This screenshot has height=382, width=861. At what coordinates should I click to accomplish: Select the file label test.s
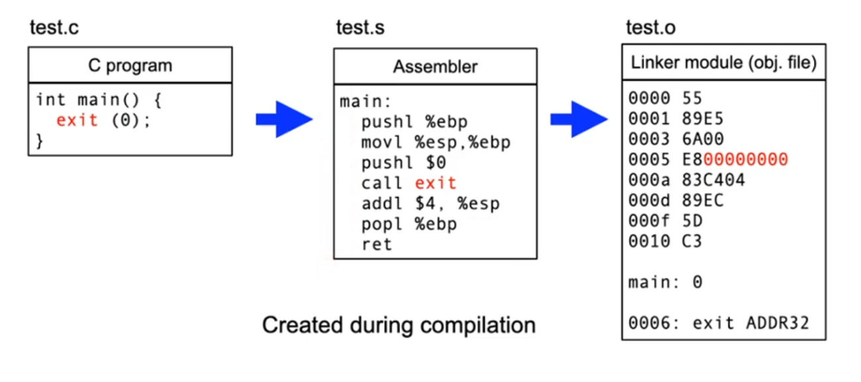pos(360,29)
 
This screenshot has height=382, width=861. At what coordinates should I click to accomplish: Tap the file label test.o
pos(651,29)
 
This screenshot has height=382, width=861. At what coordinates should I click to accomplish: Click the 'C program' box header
pos(130,66)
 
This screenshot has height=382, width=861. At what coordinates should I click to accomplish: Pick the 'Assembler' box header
pos(435,67)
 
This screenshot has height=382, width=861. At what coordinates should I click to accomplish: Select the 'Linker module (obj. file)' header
pos(723,63)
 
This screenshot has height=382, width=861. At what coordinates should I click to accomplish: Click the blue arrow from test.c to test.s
pos(284,119)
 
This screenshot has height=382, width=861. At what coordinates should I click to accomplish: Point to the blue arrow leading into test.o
pos(579,119)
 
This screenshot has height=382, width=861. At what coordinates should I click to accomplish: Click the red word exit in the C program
pos(77,120)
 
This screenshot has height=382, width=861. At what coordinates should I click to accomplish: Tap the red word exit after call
pos(435,183)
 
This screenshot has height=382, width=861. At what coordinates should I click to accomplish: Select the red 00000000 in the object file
pos(746,159)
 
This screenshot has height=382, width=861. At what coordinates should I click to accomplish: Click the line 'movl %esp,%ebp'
pos(436,143)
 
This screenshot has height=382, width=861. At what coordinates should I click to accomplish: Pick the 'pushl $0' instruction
pos(404,162)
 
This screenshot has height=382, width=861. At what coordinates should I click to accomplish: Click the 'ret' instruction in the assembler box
pos(376,244)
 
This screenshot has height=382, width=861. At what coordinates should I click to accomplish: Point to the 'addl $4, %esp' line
pos(430,204)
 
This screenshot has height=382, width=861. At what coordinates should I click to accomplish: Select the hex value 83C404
pos(714,180)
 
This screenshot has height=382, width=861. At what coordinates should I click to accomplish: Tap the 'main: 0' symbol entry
pos(665,283)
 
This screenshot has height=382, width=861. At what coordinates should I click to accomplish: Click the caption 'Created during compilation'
pos(398,326)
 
